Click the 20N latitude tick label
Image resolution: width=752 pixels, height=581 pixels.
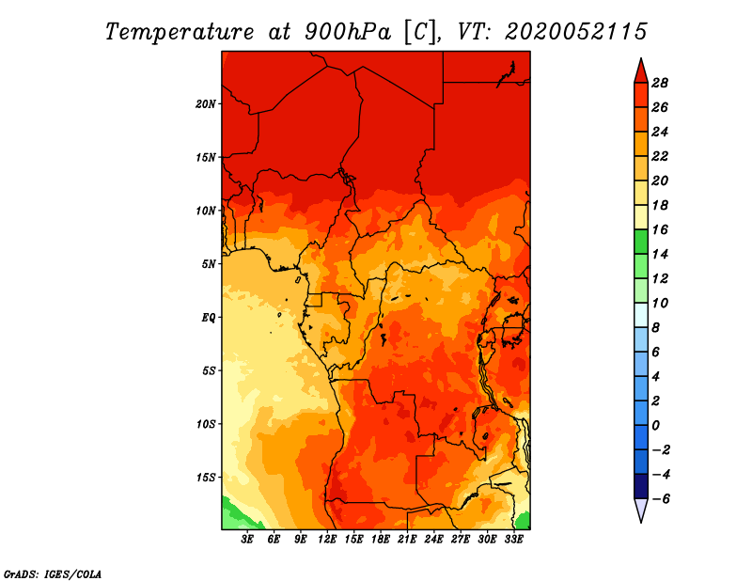coord(206,104)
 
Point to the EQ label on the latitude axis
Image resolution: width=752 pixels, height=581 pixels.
coord(209,318)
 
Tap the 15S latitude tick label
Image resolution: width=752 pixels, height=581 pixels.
coord(206,478)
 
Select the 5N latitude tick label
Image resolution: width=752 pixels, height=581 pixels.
coord(209,264)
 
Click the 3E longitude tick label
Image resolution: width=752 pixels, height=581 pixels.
coord(247,540)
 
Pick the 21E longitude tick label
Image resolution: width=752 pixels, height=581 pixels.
coord(407,540)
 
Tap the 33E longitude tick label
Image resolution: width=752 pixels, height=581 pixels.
coord(513,540)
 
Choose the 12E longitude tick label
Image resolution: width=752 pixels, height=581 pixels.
coord(326,540)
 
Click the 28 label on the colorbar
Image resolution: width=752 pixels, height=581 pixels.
coord(660,83)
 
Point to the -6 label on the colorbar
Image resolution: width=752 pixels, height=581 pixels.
coord(661,499)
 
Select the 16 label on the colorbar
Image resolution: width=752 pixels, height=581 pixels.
coord(660,229)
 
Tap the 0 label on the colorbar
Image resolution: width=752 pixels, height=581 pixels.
coord(655,426)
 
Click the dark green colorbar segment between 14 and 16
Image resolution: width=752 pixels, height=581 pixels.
coord(641,242)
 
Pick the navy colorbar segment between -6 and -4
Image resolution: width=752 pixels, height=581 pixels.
coord(641,486)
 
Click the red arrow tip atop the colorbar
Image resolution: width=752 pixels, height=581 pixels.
coord(641,58)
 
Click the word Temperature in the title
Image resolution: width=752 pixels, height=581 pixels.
coord(180,32)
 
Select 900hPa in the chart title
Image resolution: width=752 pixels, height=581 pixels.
coord(348,32)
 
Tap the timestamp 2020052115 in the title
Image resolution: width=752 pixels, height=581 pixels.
coord(576,32)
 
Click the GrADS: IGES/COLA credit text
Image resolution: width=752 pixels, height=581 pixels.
coord(53,574)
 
